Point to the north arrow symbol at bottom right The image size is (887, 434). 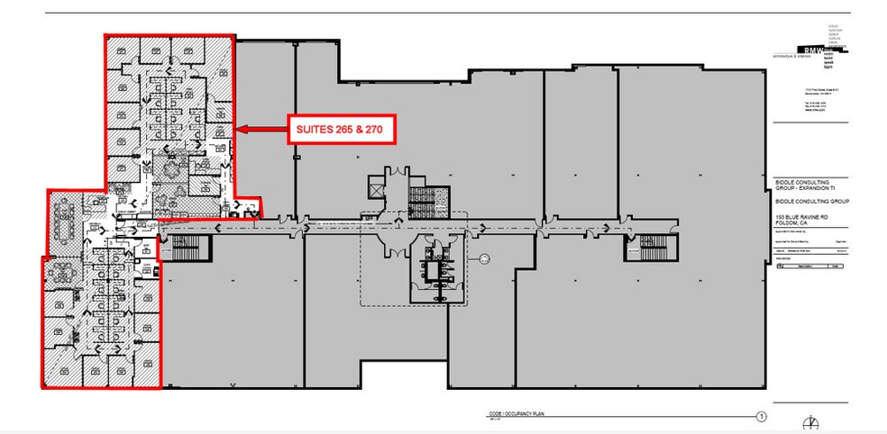[814, 423]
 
